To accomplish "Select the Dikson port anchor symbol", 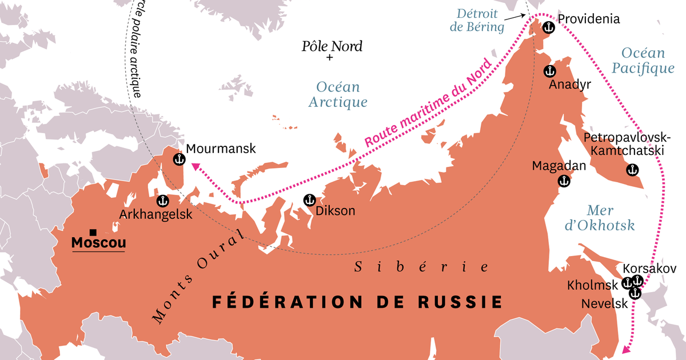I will pyautogui.click(x=309, y=199).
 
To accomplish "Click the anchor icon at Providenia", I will pyautogui.click(x=548, y=27).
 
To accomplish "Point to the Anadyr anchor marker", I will pyautogui.click(x=549, y=71).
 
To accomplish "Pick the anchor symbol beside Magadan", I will pyautogui.click(x=564, y=181).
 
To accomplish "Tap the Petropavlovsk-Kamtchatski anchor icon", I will pyautogui.click(x=632, y=170).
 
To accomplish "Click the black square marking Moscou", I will pyautogui.click(x=93, y=233).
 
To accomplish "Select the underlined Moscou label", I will pyautogui.click(x=98, y=243).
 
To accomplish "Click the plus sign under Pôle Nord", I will pyautogui.click(x=330, y=58).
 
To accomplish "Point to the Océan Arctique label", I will pyautogui.click(x=338, y=95).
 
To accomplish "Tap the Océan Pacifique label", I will pyautogui.click(x=643, y=61).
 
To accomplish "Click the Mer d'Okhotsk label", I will pyautogui.click(x=599, y=217).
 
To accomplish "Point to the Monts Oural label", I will pyautogui.click(x=198, y=275).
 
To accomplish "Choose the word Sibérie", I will pyautogui.click(x=422, y=267).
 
